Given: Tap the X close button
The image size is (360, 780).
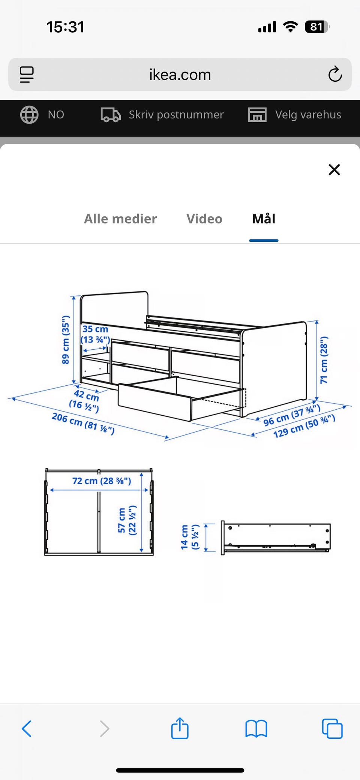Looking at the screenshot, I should pyautogui.click(x=334, y=170).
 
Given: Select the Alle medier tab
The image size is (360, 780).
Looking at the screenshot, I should pyautogui.click(x=120, y=219).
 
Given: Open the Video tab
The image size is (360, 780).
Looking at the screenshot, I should pyautogui.click(x=204, y=219).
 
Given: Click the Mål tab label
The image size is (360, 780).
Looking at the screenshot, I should pyautogui.click(x=264, y=219).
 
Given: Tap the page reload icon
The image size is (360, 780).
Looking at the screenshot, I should pyautogui.click(x=335, y=74).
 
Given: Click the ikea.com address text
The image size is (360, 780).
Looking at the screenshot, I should pyautogui.click(x=180, y=75).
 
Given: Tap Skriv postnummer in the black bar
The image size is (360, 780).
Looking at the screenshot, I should pyautogui.click(x=176, y=115).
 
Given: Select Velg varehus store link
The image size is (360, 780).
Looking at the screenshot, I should pyautogui.click(x=308, y=115).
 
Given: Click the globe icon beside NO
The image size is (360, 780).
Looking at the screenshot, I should pyautogui.click(x=29, y=115).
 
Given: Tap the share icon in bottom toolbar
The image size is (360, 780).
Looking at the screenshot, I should pyautogui.click(x=180, y=729).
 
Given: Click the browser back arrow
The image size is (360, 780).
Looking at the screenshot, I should pyautogui.click(x=27, y=729).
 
